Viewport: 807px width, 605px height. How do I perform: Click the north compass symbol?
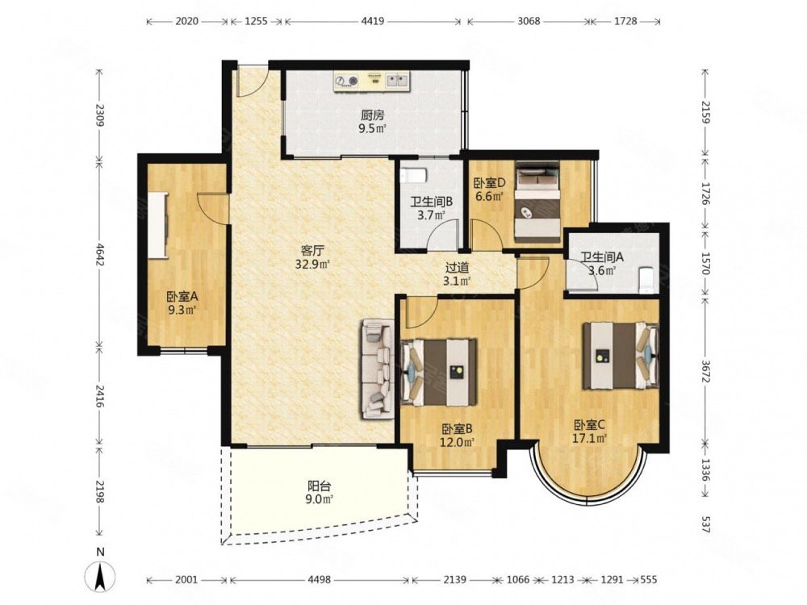pyautogui.click(x=101, y=571)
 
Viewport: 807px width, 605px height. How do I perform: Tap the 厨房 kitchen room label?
pyautogui.click(x=372, y=115)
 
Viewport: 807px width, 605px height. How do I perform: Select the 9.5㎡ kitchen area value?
pyautogui.click(x=372, y=128)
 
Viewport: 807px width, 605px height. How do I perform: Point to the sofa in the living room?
pyautogui.click(x=377, y=369)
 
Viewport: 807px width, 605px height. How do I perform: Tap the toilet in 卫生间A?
pyautogui.click(x=646, y=281)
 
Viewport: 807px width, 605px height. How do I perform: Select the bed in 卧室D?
pyautogui.click(x=537, y=202)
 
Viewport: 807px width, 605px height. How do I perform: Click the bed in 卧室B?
pyautogui.click(x=439, y=371)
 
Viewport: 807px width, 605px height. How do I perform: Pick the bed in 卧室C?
pyautogui.click(x=621, y=356)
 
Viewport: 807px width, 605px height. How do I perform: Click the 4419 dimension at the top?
pyautogui.click(x=373, y=21)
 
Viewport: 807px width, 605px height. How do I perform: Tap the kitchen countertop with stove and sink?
pyautogui.click(x=371, y=81)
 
